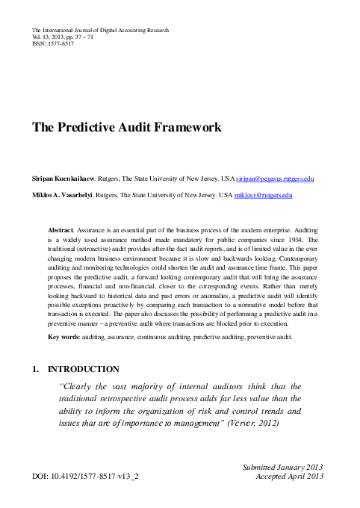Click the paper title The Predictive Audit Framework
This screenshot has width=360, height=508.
[126, 127]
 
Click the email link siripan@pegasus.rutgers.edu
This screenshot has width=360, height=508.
[275, 180]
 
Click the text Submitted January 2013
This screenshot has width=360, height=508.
[282, 466]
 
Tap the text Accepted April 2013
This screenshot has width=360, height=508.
[289, 475]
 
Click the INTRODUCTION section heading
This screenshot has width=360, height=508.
[83, 369]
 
